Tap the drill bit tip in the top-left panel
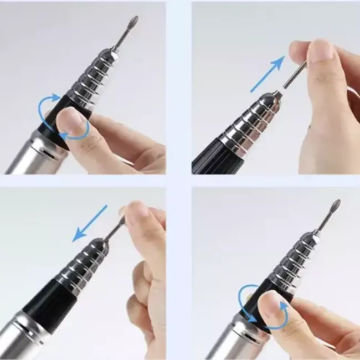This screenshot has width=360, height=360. pyautogui.click(x=133, y=22)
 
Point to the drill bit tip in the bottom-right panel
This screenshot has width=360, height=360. pyautogui.click(x=336, y=205)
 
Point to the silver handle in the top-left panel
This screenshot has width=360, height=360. pyautogui.click(x=25, y=158)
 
